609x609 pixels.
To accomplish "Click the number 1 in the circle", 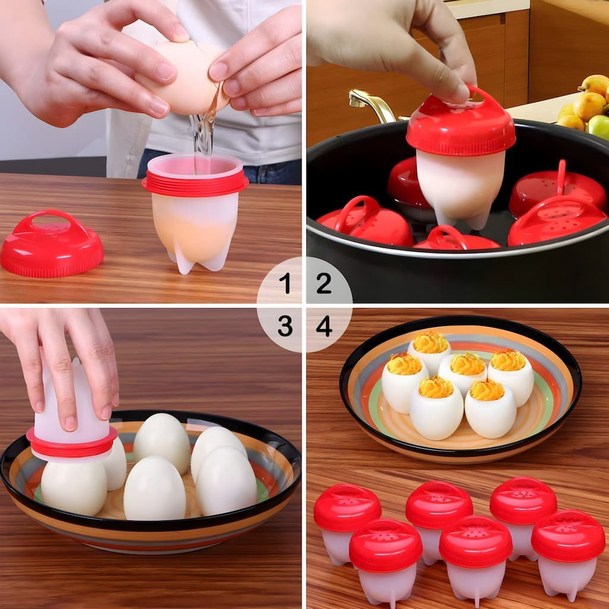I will (285, 283).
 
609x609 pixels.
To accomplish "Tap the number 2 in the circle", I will (324, 283).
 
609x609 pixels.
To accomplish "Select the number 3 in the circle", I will (285, 326).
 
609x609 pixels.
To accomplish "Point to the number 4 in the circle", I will (324, 326).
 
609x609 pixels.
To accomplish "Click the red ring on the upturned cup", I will (71, 443).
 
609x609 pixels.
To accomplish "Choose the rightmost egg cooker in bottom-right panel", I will (568, 550).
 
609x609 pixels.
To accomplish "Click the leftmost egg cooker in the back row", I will (347, 520).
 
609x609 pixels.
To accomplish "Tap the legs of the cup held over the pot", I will (467, 220).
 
